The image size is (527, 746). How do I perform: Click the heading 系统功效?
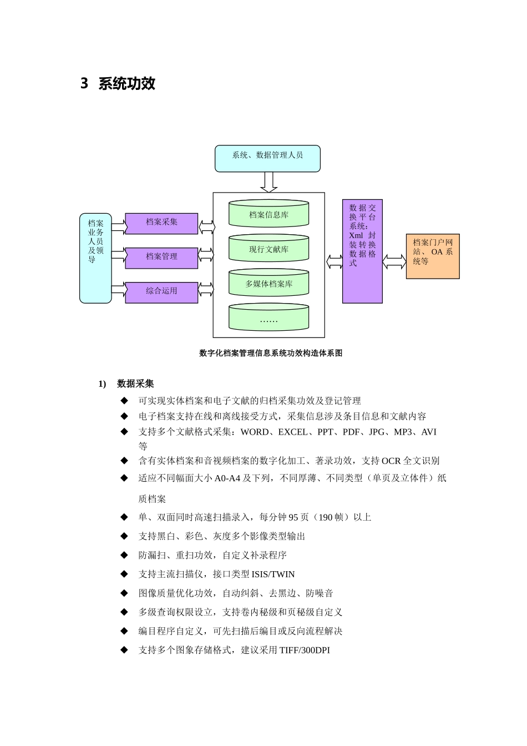126,84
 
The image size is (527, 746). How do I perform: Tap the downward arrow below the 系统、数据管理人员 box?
268,182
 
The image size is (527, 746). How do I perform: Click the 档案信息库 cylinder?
268,214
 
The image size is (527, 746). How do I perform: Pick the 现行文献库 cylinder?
268,249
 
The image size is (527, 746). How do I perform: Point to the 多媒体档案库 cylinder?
268,283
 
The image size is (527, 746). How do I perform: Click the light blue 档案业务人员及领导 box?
95,258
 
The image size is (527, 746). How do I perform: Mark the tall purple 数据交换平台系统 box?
362,251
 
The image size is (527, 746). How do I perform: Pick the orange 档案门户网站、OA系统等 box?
433,256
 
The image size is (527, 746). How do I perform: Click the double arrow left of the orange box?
394,261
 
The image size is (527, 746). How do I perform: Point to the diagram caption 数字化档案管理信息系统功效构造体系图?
271,353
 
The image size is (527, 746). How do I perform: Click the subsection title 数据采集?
135,384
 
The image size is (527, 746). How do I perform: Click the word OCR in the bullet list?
391,461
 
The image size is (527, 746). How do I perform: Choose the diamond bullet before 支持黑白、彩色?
124,536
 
